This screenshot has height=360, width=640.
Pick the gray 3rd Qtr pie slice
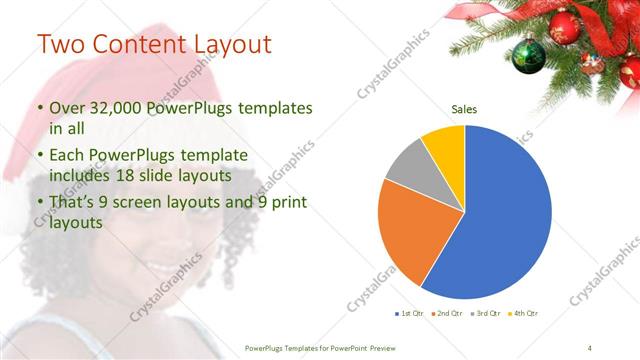[407, 167]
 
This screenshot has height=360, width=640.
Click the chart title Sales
[464, 109]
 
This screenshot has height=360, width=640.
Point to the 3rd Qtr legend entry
[486, 314]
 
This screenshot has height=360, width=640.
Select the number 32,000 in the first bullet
[111, 108]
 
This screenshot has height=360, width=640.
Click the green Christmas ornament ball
[528, 56]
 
